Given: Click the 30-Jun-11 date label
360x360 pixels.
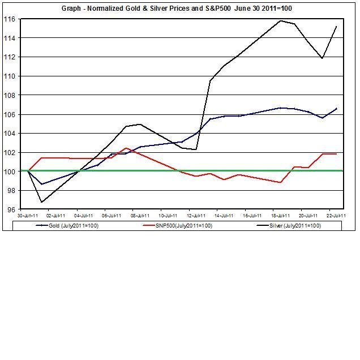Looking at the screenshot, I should [x=27, y=216].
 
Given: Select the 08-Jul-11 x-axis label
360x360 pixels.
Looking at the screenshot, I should [x=140, y=216].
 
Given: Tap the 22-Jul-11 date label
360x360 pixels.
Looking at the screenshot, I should [x=337, y=216].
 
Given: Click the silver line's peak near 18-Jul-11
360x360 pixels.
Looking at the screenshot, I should [x=281, y=20].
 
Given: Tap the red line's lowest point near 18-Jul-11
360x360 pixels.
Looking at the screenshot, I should [x=281, y=182].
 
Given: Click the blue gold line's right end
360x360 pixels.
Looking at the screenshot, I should [x=337, y=108].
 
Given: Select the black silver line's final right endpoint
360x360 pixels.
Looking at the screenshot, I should [x=337, y=27].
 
